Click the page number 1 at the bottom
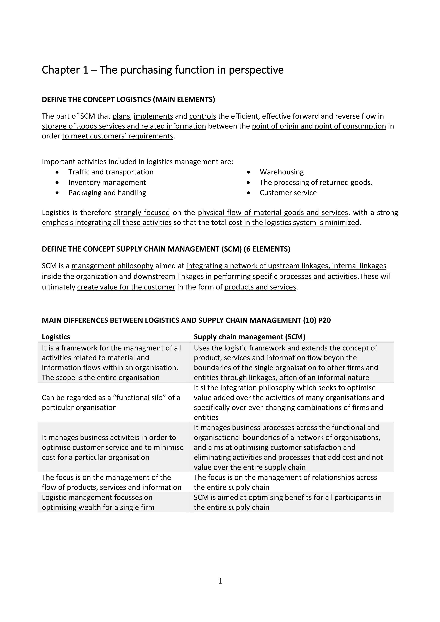[x=220, y=581]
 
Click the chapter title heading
[x=163, y=70]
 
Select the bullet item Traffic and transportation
[x=111, y=172]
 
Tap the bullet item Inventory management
[x=107, y=183]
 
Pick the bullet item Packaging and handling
[x=107, y=193]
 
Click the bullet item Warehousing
[x=282, y=172]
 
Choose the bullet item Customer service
[x=288, y=193]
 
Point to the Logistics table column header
[x=56, y=337]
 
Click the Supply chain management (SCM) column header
[x=249, y=337]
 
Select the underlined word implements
[x=153, y=116]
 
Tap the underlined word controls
[x=203, y=116]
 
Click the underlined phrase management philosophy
[x=112, y=266]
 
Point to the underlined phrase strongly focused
[x=142, y=213]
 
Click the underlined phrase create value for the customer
[x=126, y=287]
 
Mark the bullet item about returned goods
[x=316, y=183]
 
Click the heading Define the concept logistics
[x=128, y=100]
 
